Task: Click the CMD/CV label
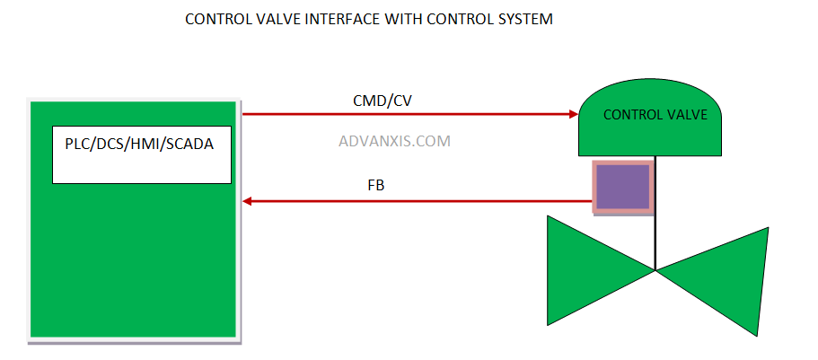pyautogui.click(x=382, y=101)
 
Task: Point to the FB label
pyautogui.click(x=376, y=186)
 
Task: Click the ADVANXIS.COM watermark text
pyautogui.click(x=394, y=141)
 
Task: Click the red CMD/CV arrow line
pyautogui.click(x=404, y=114)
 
